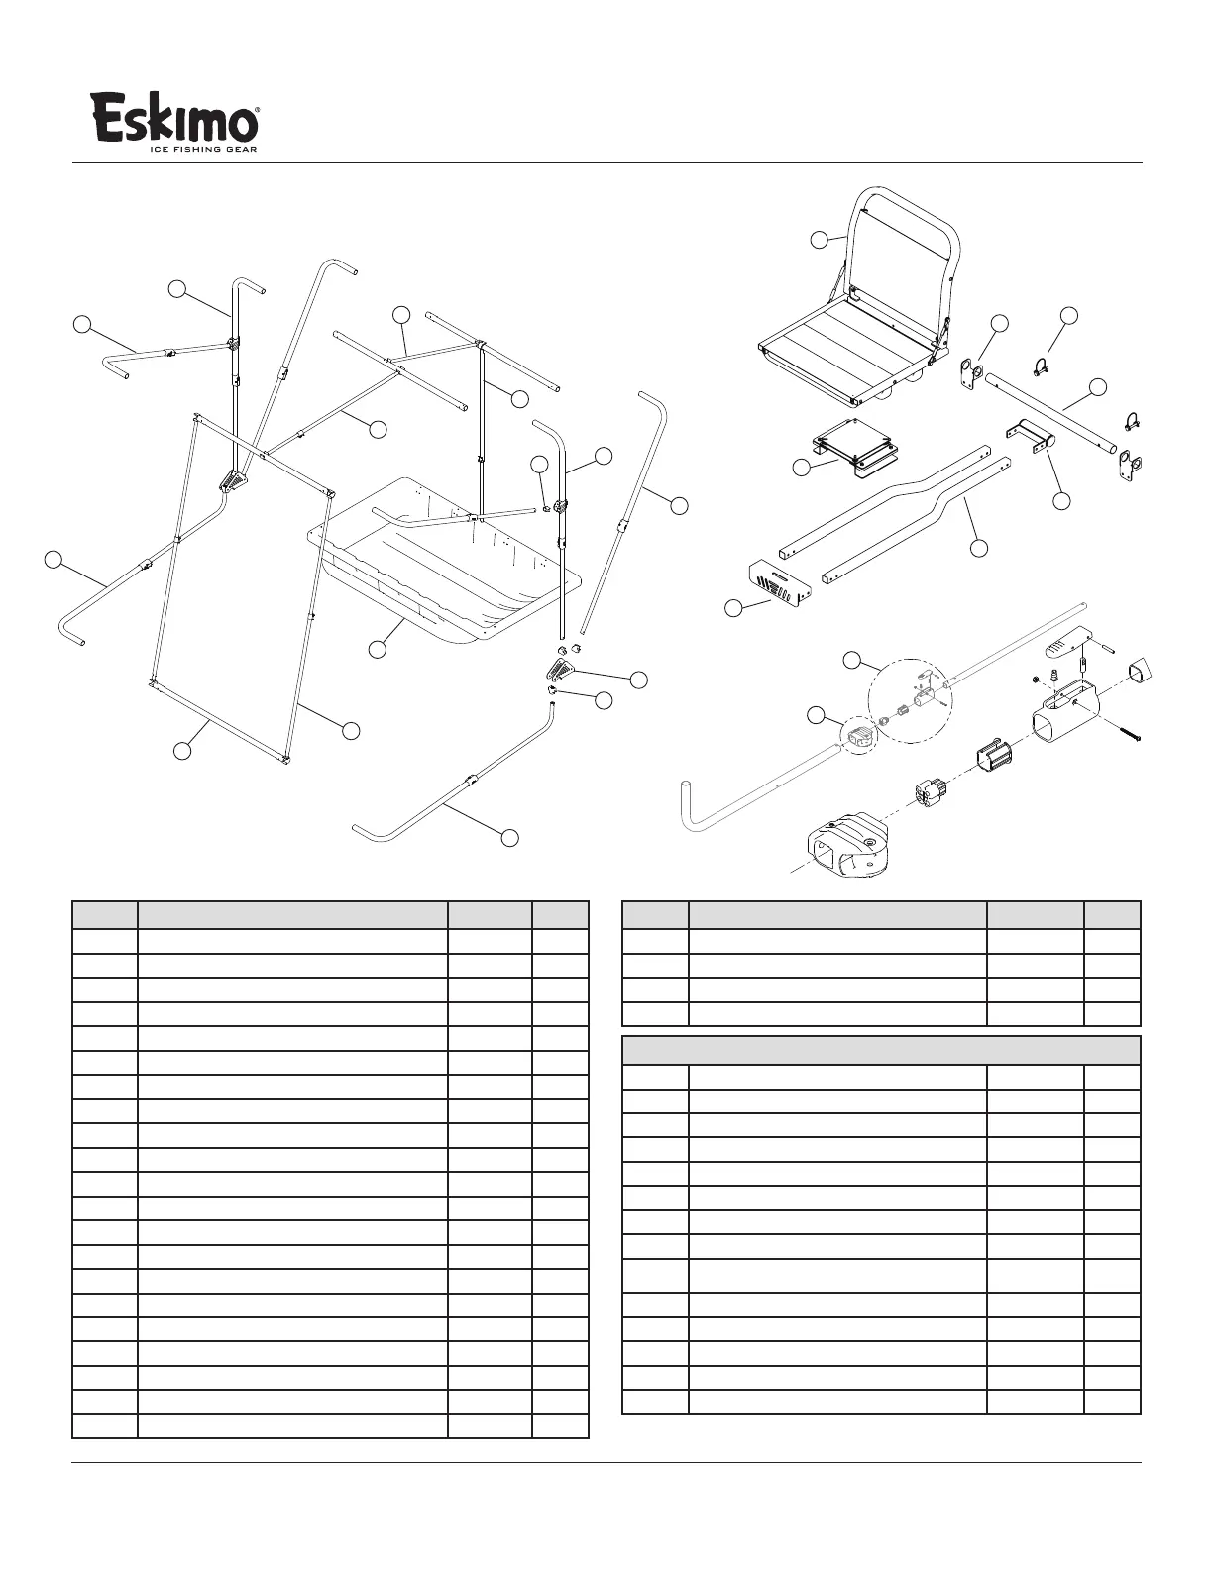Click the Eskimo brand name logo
tap(175, 118)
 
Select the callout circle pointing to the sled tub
tap(377, 649)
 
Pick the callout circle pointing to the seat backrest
tap(819, 239)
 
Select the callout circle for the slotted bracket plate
tap(733, 608)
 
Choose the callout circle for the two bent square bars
tap(978, 547)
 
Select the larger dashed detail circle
tap(909, 700)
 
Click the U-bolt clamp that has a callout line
tap(1040, 368)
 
